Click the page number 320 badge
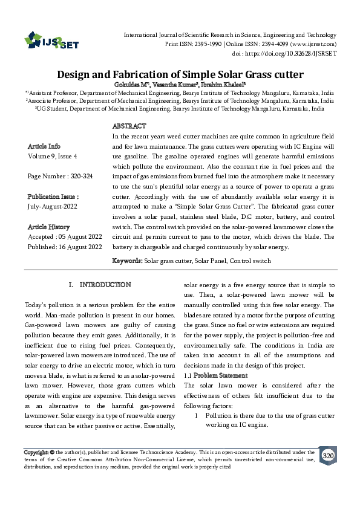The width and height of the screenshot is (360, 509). click(x=327, y=455)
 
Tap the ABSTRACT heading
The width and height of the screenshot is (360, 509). click(x=129, y=126)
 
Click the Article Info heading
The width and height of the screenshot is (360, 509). click(x=44, y=147)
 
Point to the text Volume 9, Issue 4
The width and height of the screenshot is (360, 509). click(x=53, y=157)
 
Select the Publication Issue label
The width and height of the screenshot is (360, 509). click(x=53, y=197)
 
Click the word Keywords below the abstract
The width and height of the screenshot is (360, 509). click(x=127, y=261)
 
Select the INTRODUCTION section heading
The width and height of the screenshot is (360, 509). click(x=105, y=285)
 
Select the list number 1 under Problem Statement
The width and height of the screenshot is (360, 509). click(x=197, y=416)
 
